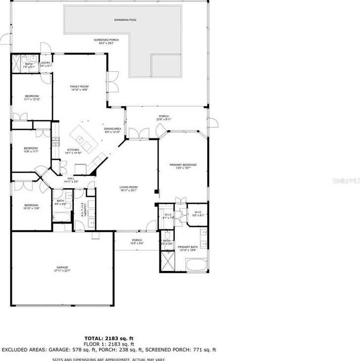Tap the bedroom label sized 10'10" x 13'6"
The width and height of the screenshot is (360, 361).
(31, 206)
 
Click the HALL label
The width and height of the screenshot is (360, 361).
(71, 180)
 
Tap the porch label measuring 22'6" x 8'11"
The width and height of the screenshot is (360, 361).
(164, 118)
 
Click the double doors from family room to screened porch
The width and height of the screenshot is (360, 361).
(113, 82)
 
